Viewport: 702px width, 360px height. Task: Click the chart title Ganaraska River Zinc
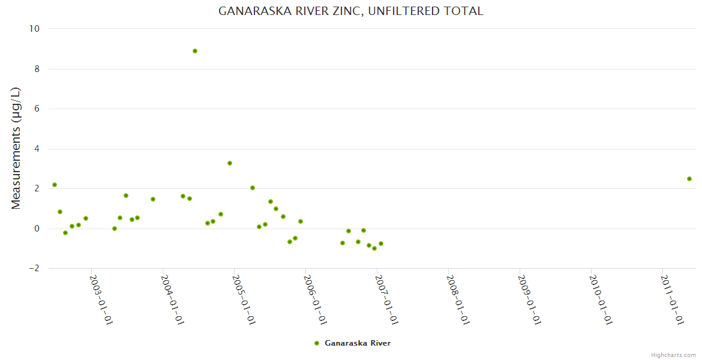tap(350, 11)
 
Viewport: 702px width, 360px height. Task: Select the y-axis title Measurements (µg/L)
tap(16, 148)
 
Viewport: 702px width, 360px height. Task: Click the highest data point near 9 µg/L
tap(195, 51)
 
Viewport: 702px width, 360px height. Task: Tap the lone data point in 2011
tap(689, 179)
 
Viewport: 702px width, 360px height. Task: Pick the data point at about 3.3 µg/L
tap(230, 163)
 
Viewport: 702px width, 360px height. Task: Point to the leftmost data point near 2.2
tap(55, 185)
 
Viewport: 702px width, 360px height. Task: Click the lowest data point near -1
tap(374, 248)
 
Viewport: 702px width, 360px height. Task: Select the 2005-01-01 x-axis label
tap(244, 299)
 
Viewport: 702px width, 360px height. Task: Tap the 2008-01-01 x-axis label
tap(457, 299)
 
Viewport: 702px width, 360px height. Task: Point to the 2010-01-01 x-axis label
tap(600, 299)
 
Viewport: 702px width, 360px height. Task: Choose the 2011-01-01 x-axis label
tap(671, 299)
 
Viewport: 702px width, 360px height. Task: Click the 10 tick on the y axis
tap(34, 29)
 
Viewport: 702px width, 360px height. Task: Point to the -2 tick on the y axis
tap(34, 269)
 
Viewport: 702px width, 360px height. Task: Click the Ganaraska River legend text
tap(358, 343)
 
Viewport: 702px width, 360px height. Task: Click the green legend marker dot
tap(317, 343)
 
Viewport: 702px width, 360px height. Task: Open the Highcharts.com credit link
tap(673, 355)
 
